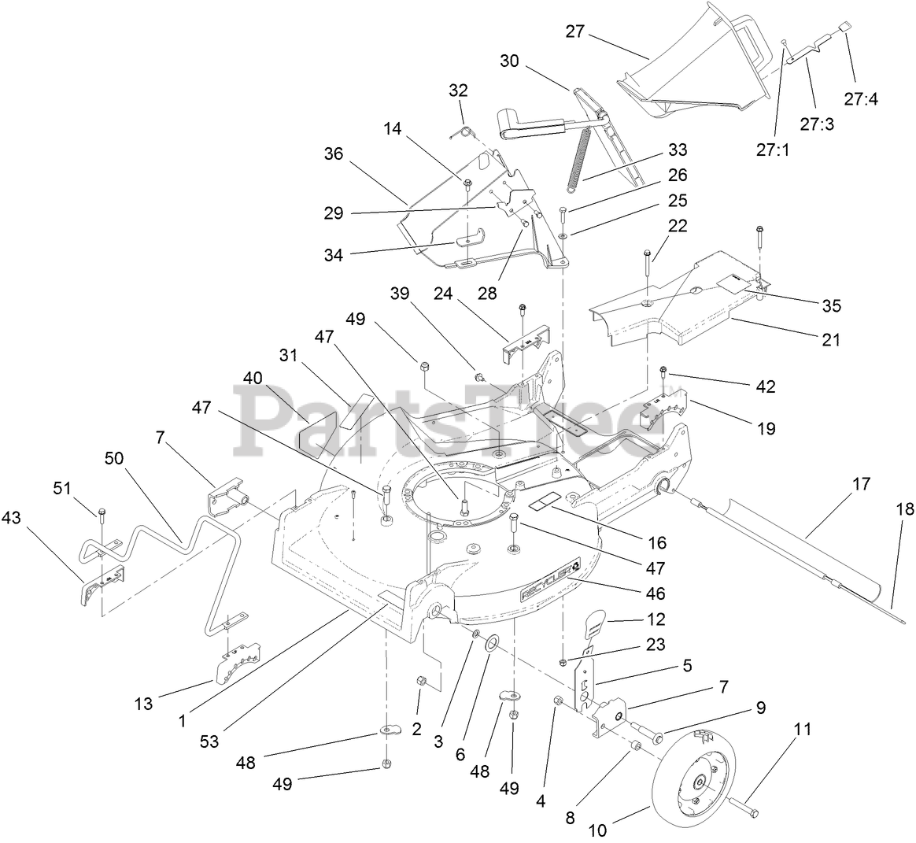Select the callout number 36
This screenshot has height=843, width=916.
tap(334, 154)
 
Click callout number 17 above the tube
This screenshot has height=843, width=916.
tap(862, 484)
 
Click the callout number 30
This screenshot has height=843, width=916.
tap(509, 60)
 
